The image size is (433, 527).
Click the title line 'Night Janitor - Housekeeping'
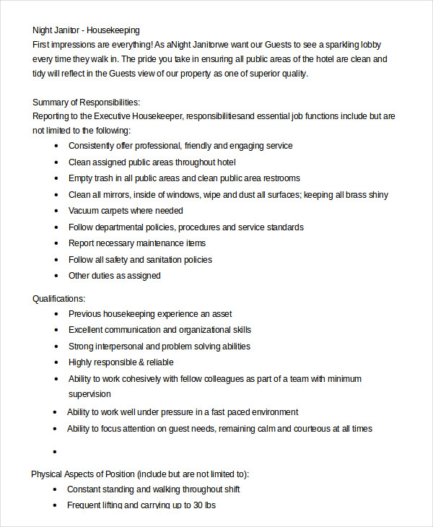click(x=86, y=30)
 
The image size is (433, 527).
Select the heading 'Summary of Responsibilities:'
click(x=86, y=102)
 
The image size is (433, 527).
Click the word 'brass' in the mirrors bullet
click(x=351, y=194)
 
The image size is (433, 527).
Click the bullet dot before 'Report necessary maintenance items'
click(x=56, y=244)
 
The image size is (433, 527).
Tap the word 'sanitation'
click(x=170, y=259)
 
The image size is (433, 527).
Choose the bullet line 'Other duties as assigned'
click(x=114, y=275)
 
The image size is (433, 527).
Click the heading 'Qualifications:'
click(x=58, y=298)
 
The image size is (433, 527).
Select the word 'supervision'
click(x=89, y=394)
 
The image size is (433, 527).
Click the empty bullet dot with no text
click(x=55, y=452)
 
